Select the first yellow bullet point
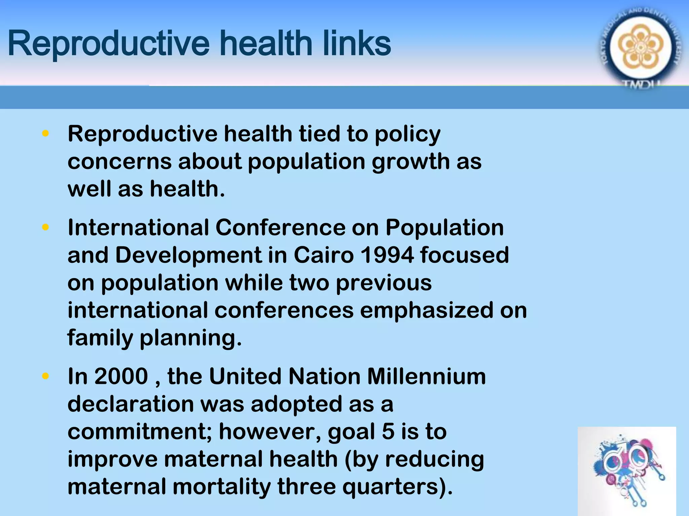[x=45, y=134]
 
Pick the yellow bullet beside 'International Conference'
[x=45, y=227]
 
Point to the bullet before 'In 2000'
[x=45, y=376]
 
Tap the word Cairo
[x=324, y=255]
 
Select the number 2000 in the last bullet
[x=121, y=376]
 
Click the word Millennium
[x=426, y=376]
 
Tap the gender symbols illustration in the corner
[x=626, y=470]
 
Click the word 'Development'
[x=188, y=255]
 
